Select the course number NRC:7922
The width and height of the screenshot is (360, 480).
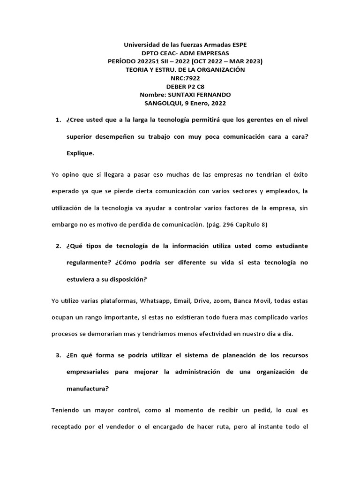pos(185,78)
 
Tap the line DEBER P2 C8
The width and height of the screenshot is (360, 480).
pos(185,87)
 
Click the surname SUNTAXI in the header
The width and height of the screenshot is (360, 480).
pos(190,95)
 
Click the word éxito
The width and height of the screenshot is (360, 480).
pos(299,174)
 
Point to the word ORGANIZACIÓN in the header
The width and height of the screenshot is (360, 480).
pos(220,70)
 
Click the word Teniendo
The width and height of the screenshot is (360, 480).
pos(65,410)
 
